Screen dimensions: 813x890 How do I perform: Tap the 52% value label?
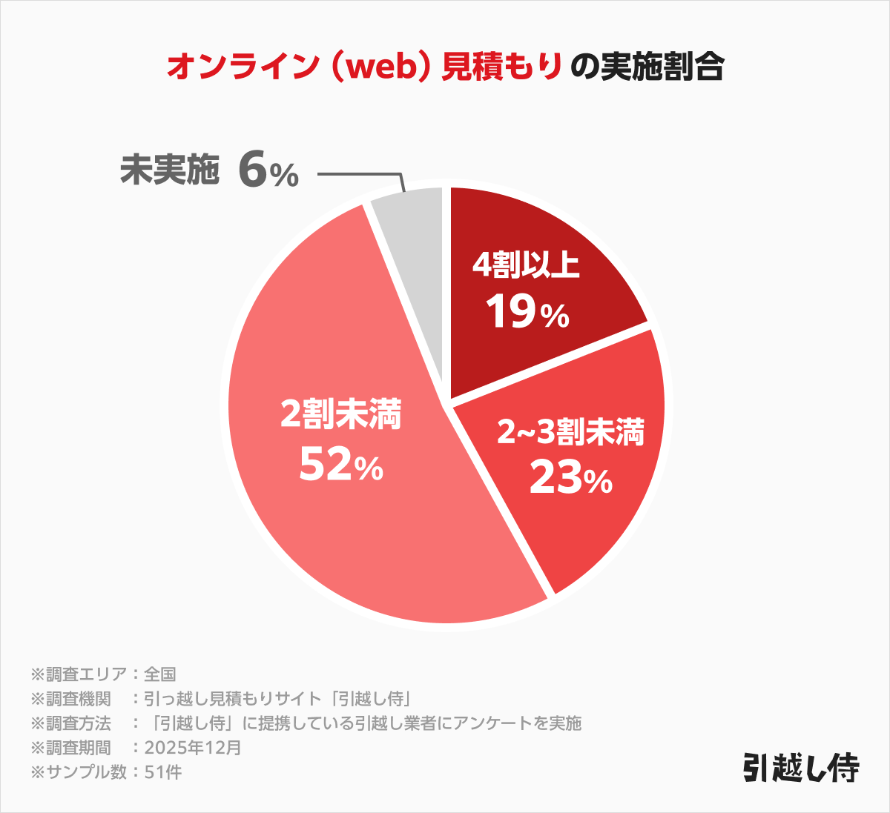click(341, 466)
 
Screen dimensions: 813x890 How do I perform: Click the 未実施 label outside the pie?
click(170, 170)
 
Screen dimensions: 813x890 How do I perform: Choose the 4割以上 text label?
click(526, 265)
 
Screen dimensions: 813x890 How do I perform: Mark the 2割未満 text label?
click(340, 415)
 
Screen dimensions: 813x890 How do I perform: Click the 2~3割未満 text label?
click(570, 432)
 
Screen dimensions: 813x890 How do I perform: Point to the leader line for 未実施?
click(360, 175)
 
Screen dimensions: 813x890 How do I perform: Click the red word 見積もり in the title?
click(502, 67)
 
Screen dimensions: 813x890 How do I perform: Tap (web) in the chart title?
click(378, 67)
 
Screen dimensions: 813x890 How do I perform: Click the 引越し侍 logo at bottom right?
click(800, 769)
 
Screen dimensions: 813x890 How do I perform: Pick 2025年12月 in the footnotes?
click(193, 747)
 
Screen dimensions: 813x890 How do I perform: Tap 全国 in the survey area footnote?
click(159, 674)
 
